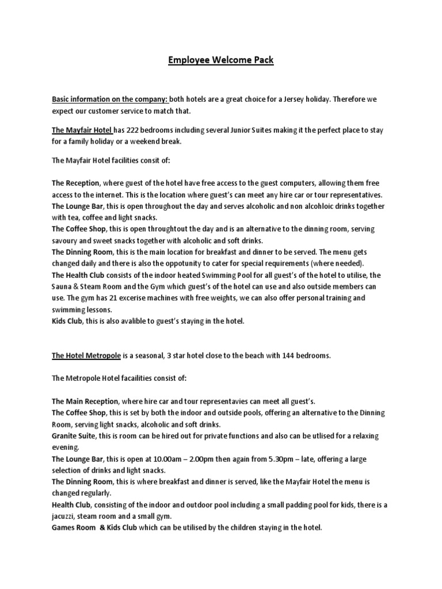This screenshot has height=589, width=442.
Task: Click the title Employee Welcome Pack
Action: (x=221, y=60)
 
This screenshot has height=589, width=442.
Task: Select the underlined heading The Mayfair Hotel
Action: (x=82, y=130)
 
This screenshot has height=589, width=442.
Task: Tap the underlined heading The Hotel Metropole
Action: (x=86, y=355)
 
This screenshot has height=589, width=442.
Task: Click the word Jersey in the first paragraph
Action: (x=312, y=99)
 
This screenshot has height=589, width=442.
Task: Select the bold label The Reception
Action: (x=75, y=183)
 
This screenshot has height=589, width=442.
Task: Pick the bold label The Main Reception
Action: (x=85, y=400)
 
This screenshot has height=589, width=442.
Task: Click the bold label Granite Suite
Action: (x=73, y=436)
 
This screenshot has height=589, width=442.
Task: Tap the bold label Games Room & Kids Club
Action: (x=94, y=527)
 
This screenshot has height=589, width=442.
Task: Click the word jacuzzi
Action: (x=65, y=515)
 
